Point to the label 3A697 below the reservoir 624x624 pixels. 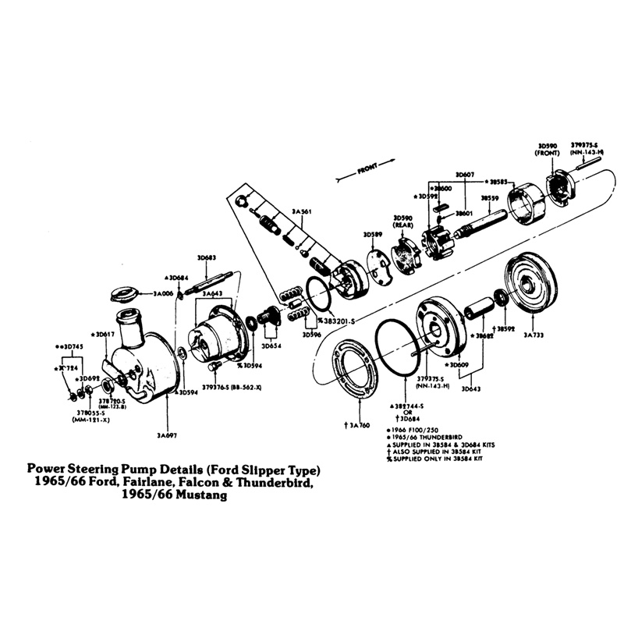pos(168,434)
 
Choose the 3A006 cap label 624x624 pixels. pos(163,293)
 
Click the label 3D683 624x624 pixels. pos(207,257)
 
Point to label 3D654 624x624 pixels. pos(271,345)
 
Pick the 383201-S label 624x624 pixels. pos(333,321)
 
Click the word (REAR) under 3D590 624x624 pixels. pos(402,225)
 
